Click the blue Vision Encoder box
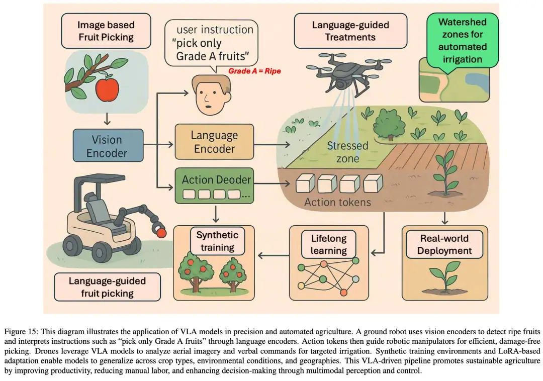(x=107, y=146)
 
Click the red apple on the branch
(x=107, y=89)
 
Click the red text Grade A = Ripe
(x=254, y=71)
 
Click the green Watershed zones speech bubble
(x=462, y=40)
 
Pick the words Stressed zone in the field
(x=347, y=152)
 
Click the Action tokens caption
(x=337, y=203)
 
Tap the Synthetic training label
(x=217, y=241)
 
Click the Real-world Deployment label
(x=444, y=244)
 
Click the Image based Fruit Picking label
(x=106, y=30)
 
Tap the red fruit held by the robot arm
(x=161, y=233)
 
